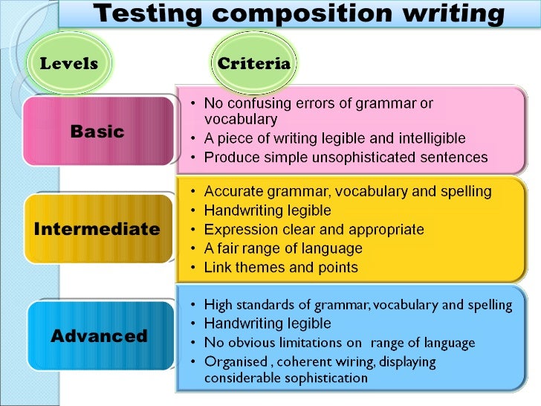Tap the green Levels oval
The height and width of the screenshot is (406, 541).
69,63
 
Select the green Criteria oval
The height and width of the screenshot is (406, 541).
253,63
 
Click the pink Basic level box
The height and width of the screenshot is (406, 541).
97,132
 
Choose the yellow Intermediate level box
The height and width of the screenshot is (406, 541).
97,228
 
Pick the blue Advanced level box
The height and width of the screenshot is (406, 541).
99,335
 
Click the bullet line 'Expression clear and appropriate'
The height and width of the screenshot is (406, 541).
314,229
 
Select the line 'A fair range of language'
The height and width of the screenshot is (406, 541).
283,248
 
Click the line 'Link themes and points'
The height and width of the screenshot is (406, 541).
281,267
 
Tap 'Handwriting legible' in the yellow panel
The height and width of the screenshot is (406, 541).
268,210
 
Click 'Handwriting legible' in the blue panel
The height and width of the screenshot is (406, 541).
268,323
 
